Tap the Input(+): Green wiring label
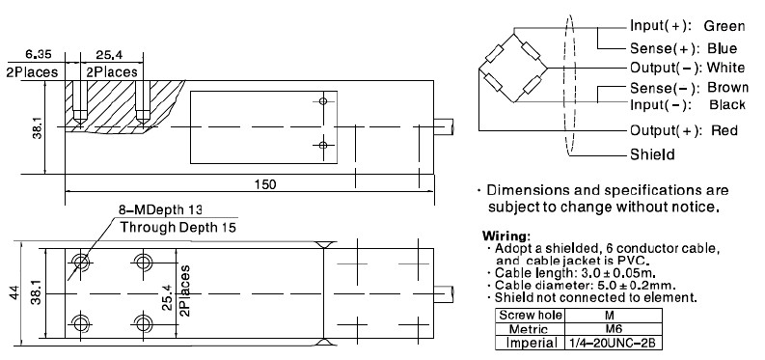[x=687, y=25]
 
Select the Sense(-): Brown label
[x=687, y=89]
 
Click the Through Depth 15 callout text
[x=178, y=228]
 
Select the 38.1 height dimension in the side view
[x=36, y=126]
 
